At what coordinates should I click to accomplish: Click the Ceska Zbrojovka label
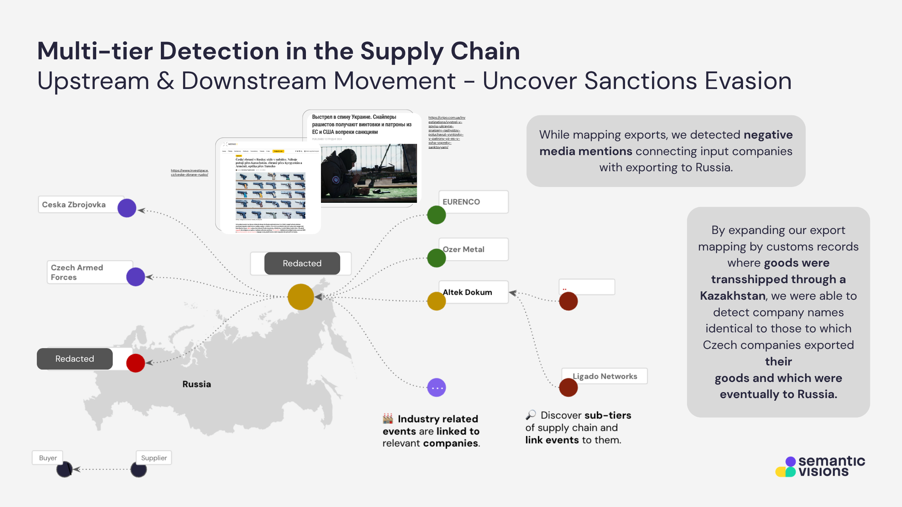click(74, 205)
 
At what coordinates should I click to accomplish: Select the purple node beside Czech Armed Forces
click(136, 277)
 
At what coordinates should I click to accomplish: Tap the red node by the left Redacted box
click(136, 363)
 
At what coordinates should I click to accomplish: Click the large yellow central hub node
click(301, 297)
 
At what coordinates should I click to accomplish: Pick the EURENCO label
click(461, 202)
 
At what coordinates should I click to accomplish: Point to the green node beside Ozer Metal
click(436, 258)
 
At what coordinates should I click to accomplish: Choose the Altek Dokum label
click(468, 292)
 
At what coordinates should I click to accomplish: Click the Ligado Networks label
click(605, 376)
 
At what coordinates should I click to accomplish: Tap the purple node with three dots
click(436, 388)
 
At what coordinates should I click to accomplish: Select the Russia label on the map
click(197, 384)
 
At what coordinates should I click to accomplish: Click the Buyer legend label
click(48, 458)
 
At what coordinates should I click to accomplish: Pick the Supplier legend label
click(154, 458)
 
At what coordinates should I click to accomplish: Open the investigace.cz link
click(189, 172)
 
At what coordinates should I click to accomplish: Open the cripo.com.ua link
click(446, 132)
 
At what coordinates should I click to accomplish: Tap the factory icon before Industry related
click(388, 418)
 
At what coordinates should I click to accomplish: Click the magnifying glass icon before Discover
click(531, 415)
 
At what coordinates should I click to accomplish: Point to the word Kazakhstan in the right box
click(732, 296)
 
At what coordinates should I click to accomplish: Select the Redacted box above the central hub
click(302, 263)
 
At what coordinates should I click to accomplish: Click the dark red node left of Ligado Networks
click(568, 388)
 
